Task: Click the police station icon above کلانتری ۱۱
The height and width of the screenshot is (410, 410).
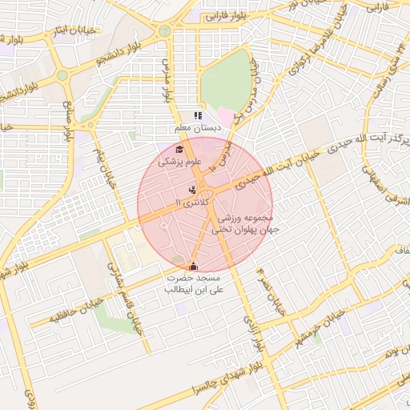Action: pos(192,190)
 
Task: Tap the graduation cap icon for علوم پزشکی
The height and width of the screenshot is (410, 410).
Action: pos(179,149)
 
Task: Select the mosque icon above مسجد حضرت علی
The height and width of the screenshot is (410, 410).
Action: pos(192,267)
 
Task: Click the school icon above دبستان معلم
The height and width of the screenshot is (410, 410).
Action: pos(198,116)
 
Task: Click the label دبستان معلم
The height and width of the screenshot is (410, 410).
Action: pos(193,128)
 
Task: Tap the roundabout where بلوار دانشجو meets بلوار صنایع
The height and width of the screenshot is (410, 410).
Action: pos(62,75)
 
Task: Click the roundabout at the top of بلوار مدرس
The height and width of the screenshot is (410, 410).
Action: pos(164,30)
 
